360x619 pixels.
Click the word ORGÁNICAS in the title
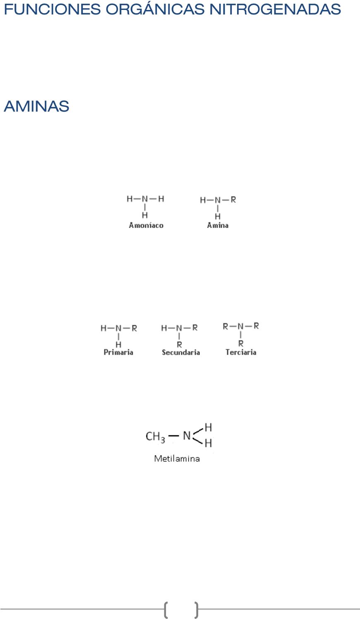tap(155, 9)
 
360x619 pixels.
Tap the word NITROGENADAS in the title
tap(275, 9)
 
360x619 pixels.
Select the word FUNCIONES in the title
tap(52, 9)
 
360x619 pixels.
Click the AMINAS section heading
tap(36, 107)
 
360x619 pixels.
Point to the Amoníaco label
tap(146, 226)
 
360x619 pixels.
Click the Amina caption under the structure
tap(218, 226)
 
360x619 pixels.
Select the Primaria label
tap(118, 353)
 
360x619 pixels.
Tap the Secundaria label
tap(181, 353)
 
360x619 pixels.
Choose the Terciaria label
tap(241, 353)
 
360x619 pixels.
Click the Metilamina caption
tap(177, 458)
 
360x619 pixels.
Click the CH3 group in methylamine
tap(155, 437)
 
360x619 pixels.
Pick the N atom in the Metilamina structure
tap(187, 436)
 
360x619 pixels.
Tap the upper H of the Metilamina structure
tap(209, 427)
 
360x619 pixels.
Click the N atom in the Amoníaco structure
tap(145, 199)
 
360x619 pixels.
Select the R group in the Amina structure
tap(233, 200)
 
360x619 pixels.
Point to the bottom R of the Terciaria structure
tap(241, 343)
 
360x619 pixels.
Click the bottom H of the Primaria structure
tap(119, 344)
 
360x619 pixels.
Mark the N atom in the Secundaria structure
tap(179, 328)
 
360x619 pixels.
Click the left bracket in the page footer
tap(166, 609)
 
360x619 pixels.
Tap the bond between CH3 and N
tap(174, 436)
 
